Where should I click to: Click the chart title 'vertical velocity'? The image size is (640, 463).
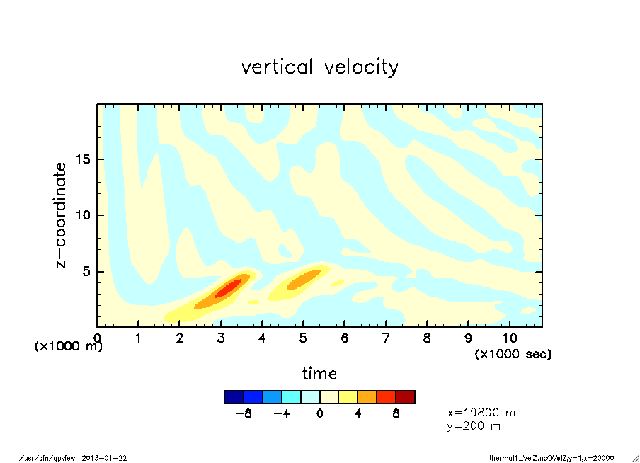point(319,67)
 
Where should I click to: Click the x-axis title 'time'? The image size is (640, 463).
point(319,373)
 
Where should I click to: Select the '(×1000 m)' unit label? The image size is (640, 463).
point(69,346)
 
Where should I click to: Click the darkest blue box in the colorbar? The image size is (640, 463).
point(234,397)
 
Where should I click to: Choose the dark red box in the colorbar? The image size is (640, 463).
point(406,397)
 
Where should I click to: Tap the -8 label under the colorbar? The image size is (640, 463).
point(244,414)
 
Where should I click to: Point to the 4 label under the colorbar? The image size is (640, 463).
point(358,414)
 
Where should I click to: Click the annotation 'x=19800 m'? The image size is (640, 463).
point(481,412)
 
